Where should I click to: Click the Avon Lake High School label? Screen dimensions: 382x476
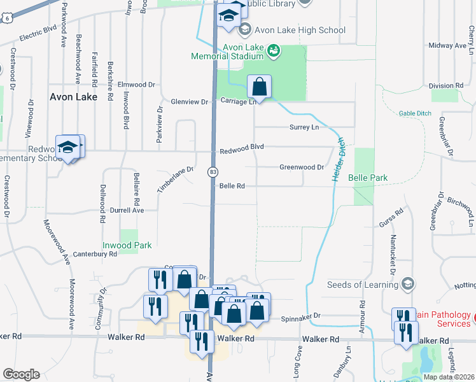coord(300,30)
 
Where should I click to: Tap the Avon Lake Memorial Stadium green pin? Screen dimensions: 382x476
coord(274,50)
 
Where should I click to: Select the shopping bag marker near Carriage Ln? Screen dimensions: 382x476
coord(259,87)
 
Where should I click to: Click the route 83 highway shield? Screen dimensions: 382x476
coord(213,172)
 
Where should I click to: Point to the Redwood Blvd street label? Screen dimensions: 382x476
coord(242,147)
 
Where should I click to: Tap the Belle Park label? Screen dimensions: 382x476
coord(368,178)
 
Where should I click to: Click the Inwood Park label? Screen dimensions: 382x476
coord(127,245)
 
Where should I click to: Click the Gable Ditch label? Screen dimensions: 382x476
coord(415,113)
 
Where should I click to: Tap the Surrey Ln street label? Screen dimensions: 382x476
coord(304,127)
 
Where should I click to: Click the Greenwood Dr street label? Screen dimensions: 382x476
coord(302,167)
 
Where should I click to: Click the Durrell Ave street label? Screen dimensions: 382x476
coord(127,209)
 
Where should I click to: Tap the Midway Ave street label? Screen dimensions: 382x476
coord(447,46)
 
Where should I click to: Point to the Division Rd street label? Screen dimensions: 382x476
coord(445,85)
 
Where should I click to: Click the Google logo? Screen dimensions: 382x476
coord(21,374)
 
